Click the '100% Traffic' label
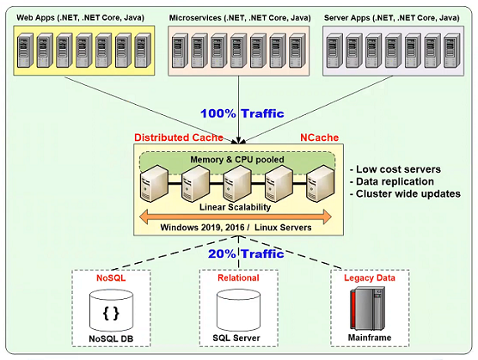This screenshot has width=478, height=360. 242,113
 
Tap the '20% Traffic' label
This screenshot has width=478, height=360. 246,253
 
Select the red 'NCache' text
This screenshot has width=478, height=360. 319,137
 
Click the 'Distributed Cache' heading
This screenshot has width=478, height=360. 179,137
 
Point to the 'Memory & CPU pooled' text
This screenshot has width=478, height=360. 237,159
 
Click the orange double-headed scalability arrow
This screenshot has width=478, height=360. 235,217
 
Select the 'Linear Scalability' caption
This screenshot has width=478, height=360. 235,207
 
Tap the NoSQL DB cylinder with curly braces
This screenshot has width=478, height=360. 111,311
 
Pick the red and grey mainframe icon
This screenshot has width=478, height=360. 367,308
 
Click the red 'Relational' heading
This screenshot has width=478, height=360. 238,278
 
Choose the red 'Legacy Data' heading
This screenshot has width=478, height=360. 370,278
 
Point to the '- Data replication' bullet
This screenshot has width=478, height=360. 392,181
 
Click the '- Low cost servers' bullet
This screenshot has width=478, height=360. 395,169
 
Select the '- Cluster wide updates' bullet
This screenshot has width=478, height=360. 405,193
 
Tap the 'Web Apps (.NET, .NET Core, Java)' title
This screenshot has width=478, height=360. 80,18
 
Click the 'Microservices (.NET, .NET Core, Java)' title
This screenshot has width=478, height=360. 240,18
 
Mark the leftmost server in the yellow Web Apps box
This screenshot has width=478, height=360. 25,50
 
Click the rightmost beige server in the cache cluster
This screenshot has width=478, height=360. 321,183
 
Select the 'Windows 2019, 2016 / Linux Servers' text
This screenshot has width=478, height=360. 236,228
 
